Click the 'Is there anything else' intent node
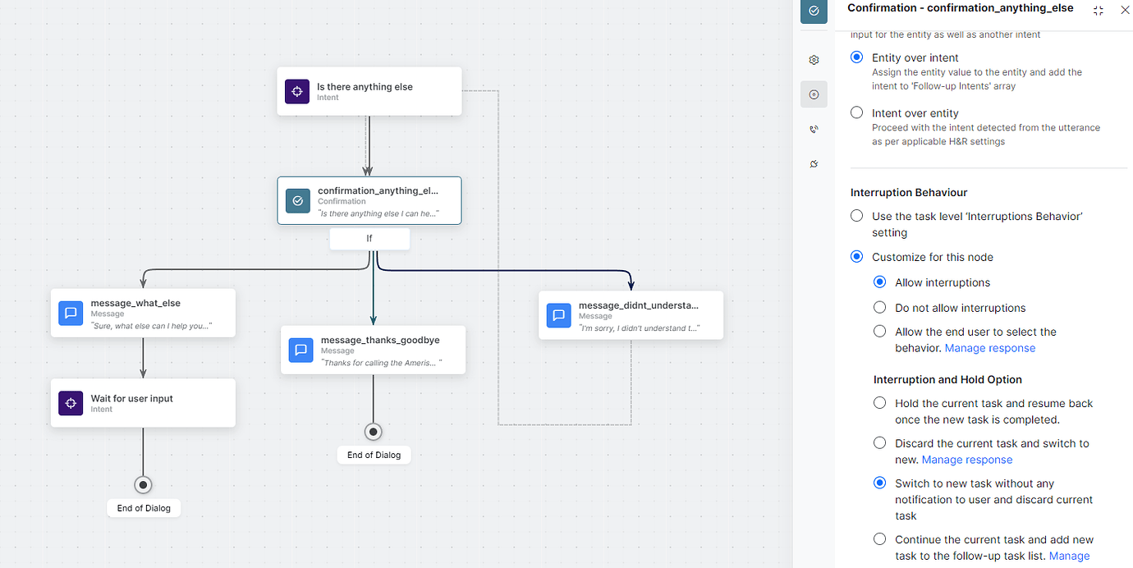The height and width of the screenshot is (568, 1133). coord(369,91)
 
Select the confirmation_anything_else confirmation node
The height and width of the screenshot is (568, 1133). coord(369,200)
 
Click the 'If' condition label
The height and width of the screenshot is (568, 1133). coord(369,239)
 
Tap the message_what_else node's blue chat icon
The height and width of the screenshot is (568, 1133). coord(71,313)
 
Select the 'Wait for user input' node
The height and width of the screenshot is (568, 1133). coord(143,403)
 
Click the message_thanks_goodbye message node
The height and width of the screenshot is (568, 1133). coord(373,350)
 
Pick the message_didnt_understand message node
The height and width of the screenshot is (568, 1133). coord(631,315)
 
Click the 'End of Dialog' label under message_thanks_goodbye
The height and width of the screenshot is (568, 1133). coord(374,455)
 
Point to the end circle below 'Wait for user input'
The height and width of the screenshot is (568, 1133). coord(143,485)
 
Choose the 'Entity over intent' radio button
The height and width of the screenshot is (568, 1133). coord(857,57)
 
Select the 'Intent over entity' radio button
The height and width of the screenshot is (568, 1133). coord(857,112)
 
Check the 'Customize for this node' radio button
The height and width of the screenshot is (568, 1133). coord(857,257)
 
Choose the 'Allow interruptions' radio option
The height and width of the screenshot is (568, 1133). coord(879,282)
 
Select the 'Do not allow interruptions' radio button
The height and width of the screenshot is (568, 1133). coord(879,308)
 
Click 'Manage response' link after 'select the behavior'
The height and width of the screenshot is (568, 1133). coord(989,348)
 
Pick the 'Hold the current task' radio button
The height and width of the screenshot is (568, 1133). coord(879,403)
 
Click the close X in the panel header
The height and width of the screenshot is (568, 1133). coord(1125,10)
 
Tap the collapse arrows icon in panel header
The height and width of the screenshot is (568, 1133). coord(1099,10)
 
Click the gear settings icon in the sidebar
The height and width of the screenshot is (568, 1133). coord(814,60)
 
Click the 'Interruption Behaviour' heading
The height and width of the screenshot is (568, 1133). coord(909,192)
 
